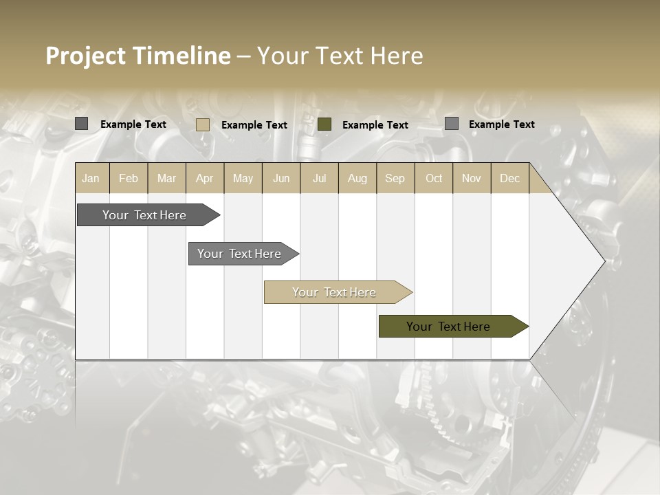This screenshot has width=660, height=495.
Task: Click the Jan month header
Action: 91,178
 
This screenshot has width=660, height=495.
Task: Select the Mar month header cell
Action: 166,178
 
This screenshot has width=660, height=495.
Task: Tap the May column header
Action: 243,178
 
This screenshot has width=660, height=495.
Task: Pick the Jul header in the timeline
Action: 319,178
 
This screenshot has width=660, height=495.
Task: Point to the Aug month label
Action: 357,178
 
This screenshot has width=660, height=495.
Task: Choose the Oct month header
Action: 434,178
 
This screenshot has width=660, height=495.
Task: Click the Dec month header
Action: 509,178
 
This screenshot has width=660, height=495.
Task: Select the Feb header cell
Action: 129,178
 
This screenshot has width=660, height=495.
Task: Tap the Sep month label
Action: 395,178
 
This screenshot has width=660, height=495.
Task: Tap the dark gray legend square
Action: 81,124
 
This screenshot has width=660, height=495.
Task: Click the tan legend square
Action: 202,124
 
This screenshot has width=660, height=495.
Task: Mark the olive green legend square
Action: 324,124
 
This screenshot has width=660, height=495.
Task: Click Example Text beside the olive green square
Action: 375,125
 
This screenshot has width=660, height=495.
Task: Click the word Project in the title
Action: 85,56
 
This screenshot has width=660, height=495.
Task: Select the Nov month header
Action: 472,178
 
